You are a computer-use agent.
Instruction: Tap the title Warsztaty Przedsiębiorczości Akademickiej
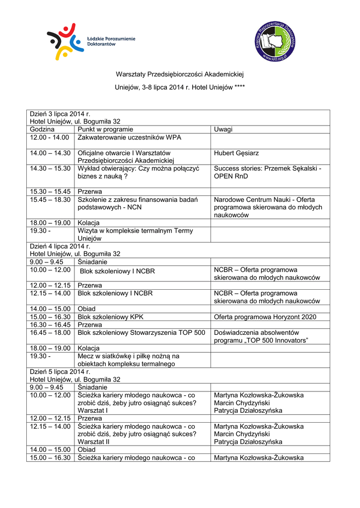tap(180, 74)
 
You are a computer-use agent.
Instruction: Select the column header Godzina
tap(43, 129)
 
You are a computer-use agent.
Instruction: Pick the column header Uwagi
tap(223, 129)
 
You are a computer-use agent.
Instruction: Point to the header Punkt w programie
tap(105, 129)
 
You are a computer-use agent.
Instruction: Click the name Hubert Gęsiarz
tap(236, 153)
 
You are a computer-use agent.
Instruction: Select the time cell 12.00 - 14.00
tap(49, 137)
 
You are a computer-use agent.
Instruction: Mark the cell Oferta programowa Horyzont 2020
tap(265, 317)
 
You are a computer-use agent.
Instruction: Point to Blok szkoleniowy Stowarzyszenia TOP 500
tap(142, 332)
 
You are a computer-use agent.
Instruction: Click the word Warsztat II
tap(94, 442)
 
